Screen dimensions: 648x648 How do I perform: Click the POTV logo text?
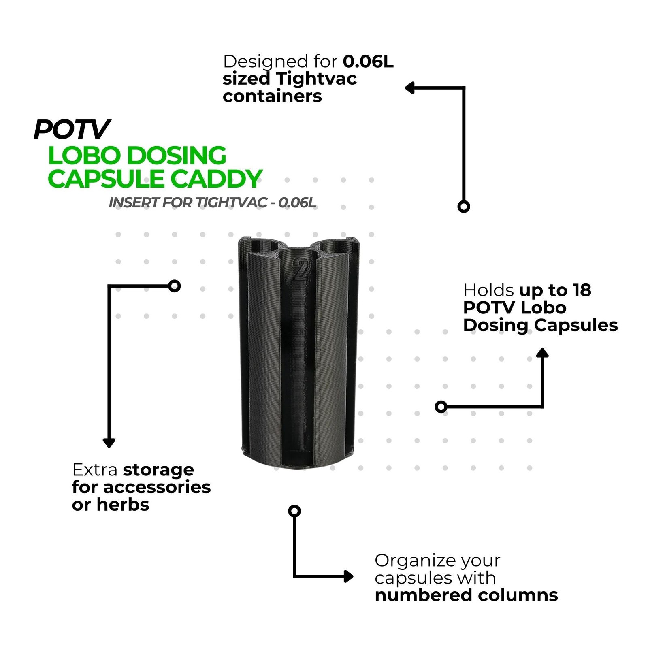click(72, 129)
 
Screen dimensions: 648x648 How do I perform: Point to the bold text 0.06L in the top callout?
click(368, 62)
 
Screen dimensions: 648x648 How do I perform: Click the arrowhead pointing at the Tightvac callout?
click(409, 87)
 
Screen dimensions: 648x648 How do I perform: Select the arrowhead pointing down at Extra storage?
click(109, 443)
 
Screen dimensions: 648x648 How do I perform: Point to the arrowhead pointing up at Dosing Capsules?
click(542, 352)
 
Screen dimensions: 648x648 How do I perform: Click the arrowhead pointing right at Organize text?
click(348, 576)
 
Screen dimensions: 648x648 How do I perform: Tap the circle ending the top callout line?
click(464, 207)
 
